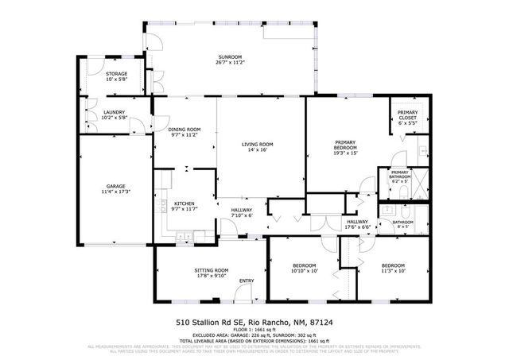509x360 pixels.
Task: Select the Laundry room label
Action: pyautogui.click(x=115, y=113)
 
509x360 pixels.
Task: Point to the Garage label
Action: pyautogui.click(x=115, y=186)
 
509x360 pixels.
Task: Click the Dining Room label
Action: pyautogui.click(x=185, y=130)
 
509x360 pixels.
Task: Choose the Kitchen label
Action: pyautogui.click(x=185, y=203)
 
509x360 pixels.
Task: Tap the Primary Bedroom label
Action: pyautogui.click(x=345, y=147)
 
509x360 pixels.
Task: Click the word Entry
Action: pyautogui.click(x=247, y=281)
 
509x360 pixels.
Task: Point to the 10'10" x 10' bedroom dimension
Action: pyautogui.click(x=305, y=271)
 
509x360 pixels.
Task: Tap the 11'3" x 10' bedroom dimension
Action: pyautogui.click(x=392, y=271)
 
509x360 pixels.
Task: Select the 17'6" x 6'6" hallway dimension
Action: pyautogui.click(x=357, y=227)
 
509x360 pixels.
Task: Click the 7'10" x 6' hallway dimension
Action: pyautogui.click(x=241, y=215)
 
